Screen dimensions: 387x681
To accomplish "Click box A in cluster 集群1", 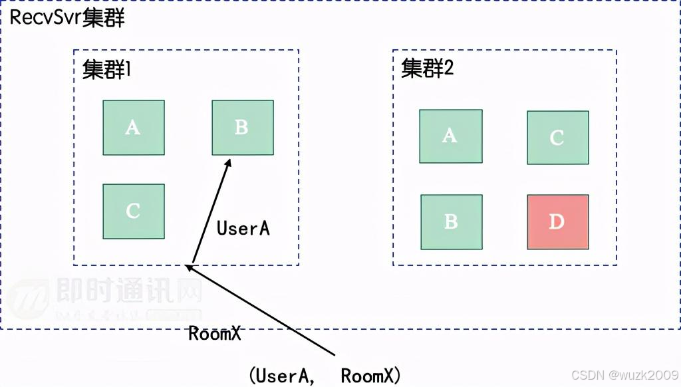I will pos(133,127).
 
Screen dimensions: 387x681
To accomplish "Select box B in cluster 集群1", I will pos(242,127).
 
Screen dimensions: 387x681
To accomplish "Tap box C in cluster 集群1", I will pos(133,211).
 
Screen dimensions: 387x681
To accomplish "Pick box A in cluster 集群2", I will pos(450,136).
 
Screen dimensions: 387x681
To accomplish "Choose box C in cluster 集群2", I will pos(557,138).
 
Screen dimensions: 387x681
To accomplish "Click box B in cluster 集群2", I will pos(451,221).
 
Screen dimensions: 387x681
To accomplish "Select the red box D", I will pos(557,221).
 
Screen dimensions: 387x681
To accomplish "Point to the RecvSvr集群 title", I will pos(67,18).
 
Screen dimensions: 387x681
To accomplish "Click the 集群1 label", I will pos(106,70).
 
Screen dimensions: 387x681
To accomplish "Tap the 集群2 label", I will pos(427,68).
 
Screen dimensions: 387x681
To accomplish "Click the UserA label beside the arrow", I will pos(243,228).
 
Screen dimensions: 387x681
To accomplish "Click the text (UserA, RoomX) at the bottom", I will pos(325,376).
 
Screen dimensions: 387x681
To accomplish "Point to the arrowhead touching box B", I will pos(228,162).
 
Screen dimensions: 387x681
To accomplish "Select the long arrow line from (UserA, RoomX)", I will pos(266,313).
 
